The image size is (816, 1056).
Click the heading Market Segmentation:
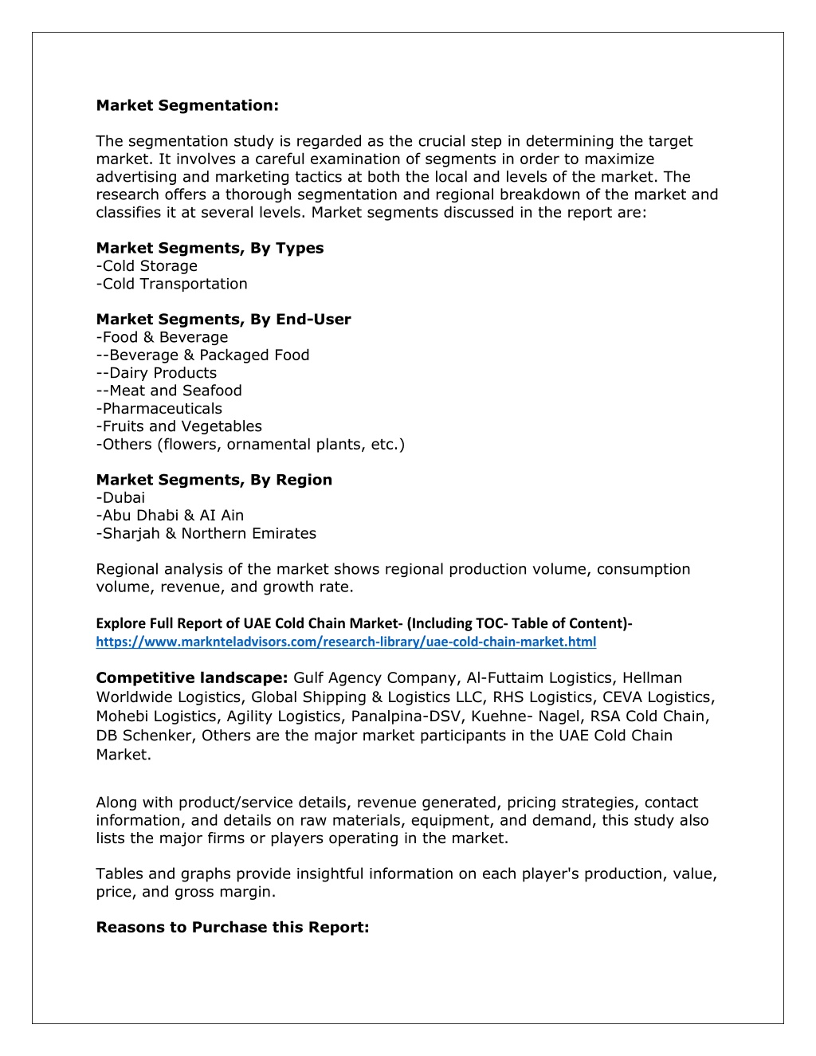point(187,106)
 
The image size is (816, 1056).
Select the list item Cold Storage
point(147,266)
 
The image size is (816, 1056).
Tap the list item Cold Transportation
point(172,284)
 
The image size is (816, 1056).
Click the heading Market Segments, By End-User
point(223,320)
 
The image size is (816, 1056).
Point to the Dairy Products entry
point(156,373)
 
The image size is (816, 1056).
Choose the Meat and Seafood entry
point(169,391)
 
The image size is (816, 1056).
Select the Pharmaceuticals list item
point(159,409)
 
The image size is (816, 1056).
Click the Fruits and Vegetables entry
point(179,426)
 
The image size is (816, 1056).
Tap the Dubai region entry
point(121,498)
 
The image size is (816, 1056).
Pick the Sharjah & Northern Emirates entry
point(206,534)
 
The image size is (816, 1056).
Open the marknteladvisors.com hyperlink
point(346,642)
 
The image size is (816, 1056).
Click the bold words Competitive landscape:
point(191,678)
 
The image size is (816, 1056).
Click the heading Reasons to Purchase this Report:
point(233,928)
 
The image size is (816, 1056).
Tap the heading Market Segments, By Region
point(214,480)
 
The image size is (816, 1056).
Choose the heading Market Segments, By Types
point(210,249)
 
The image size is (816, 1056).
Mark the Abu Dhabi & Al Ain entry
point(170,516)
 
